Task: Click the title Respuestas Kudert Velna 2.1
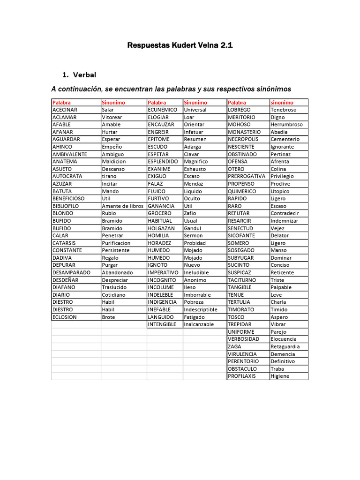(x=180, y=45)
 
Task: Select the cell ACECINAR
(x=65, y=110)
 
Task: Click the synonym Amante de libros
(x=123, y=206)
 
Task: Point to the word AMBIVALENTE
(x=69, y=154)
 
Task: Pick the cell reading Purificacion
(x=119, y=243)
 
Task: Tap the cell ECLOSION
(x=65, y=317)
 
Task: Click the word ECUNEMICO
(x=163, y=110)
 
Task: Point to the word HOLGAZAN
(x=161, y=228)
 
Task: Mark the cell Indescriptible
(x=201, y=309)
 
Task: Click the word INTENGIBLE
(x=162, y=324)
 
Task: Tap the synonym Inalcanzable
(x=199, y=324)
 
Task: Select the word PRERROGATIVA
(x=247, y=176)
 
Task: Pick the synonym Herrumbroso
(x=287, y=125)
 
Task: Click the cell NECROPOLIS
(x=243, y=139)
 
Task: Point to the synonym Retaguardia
(x=285, y=346)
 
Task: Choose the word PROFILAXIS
(x=242, y=376)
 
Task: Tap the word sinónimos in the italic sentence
(x=271, y=89)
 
